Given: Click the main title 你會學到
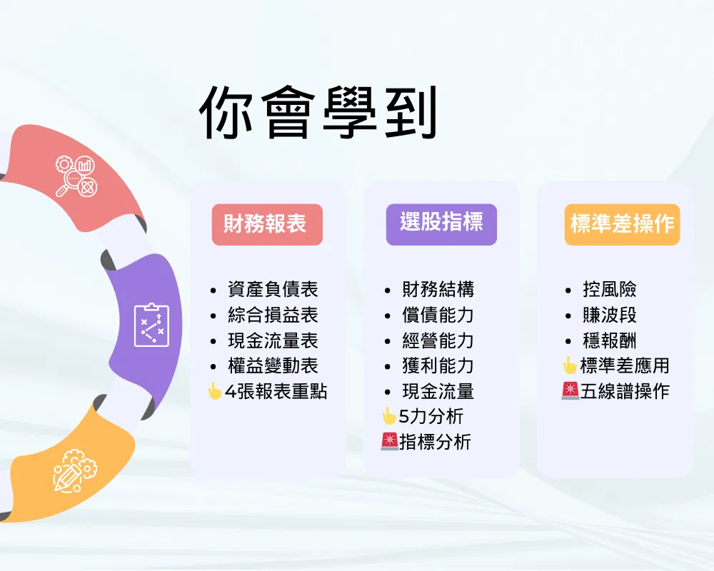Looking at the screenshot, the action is click(318, 113).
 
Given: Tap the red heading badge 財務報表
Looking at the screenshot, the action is click(267, 225).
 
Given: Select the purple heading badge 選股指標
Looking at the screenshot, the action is click(441, 225).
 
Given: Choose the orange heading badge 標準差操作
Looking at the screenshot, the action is click(622, 225).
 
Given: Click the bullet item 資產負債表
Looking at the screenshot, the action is click(273, 289).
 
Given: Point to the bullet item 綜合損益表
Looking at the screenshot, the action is click(273, 315).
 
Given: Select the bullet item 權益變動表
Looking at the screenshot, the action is click(273, 365).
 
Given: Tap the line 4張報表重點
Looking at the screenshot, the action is click(276, 391).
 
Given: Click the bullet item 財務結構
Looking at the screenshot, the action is click(438, 289).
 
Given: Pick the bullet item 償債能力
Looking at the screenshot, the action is click(438, 315).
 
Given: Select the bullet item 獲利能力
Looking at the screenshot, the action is click(438, 365).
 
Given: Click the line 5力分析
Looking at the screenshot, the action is click(431, 416).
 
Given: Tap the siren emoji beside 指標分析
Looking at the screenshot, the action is click(389, 442).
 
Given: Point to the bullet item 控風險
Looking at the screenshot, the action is click(609, 289).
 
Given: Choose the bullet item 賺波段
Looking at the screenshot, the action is click(609, 315).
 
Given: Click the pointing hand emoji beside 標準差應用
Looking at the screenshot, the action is click(569, 365).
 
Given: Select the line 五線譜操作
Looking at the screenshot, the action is click(625, 391).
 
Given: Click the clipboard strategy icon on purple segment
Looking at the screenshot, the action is click(151, 325).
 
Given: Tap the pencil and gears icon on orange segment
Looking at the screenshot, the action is click(75, 471).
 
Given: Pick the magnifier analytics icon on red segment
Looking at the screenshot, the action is click(76, 176).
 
